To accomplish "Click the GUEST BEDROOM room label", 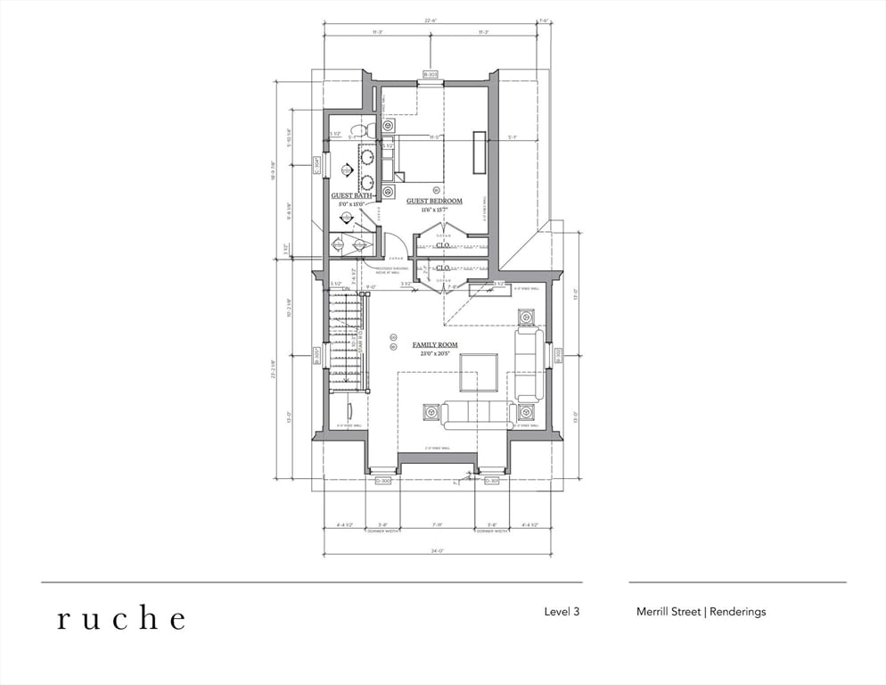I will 434,202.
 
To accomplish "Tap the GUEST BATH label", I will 351,195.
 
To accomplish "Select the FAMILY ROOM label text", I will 434,345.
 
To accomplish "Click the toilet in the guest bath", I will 360,131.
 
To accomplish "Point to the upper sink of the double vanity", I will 366,157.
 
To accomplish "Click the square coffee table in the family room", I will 479,373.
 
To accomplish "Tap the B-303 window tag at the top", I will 431,75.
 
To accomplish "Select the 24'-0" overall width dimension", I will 437,551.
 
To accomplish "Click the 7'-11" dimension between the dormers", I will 437,525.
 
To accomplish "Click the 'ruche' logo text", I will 121,618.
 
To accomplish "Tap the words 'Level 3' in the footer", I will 562,612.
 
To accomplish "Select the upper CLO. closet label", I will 441,244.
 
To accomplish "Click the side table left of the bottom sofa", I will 431,412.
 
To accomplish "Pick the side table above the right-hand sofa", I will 526,318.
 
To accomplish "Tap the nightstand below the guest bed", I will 389,191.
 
